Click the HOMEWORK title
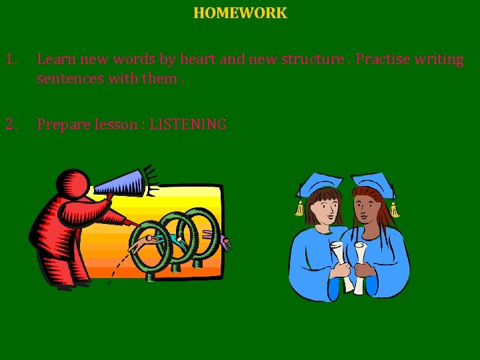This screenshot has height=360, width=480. [x=240, y=13]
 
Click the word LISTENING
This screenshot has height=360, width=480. [x=188, y=125]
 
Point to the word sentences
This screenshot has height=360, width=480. [x=67, y=79]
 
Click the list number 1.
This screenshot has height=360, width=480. [x=11, y=59]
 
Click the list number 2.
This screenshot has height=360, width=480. [x=11, y=124]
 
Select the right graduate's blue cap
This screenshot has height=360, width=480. [x=373, y=181]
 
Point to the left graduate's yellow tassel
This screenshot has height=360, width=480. [x=299, y=207]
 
